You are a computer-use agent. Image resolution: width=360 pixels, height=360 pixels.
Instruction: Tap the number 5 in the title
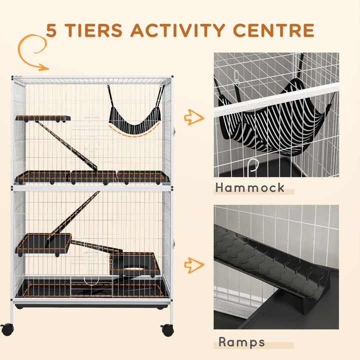tap(51, 30)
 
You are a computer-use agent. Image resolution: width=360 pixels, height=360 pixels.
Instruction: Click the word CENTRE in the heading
tap(272, 30)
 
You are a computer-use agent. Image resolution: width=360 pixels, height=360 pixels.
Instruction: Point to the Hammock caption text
tap(250, 188)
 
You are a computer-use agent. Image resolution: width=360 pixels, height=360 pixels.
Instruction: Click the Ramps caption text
tap(242, 342)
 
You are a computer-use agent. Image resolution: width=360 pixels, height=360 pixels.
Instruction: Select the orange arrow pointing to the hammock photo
tap(194, 117)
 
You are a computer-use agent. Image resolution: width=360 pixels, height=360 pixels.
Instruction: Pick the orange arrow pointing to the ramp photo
tap(194, 264)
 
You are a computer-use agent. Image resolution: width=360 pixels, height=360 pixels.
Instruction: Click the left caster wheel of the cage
tap(7, 329)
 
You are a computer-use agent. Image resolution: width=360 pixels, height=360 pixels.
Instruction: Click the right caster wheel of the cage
tap(167, 329)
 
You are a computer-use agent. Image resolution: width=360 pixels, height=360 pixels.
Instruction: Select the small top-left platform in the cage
tap(43, 118)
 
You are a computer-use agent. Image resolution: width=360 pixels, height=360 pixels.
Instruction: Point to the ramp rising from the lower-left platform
tap(72, 217)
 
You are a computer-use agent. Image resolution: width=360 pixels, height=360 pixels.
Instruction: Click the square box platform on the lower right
tap(133, 263)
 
